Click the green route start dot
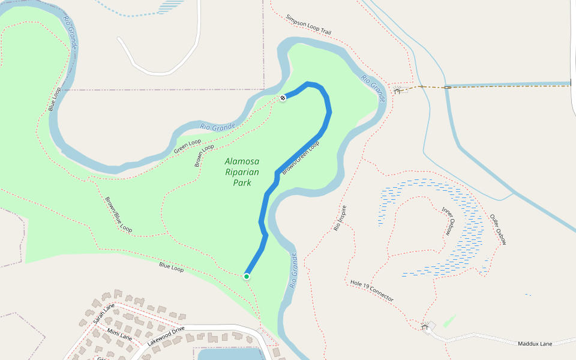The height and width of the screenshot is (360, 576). (x=247, y=276)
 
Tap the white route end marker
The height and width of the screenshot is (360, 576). (x=282, y=97)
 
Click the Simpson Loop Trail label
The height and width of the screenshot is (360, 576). (x=308, y=25)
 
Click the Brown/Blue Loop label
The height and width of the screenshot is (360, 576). (x=118, y=214)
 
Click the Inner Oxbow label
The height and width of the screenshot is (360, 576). (x=448, y=221)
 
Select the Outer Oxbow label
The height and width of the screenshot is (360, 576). (x=498, y=229)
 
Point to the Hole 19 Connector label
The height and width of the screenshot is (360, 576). (x=372, y=290)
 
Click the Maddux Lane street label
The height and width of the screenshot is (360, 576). (x=535, y=343)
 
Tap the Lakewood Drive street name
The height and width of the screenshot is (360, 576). (x=166, y=337)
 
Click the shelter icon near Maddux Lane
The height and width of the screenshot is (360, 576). (x=427, y=326)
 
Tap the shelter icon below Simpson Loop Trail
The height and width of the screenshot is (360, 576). (x=397, y=90)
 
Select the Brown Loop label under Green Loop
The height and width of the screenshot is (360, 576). (x=204, y=155)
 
